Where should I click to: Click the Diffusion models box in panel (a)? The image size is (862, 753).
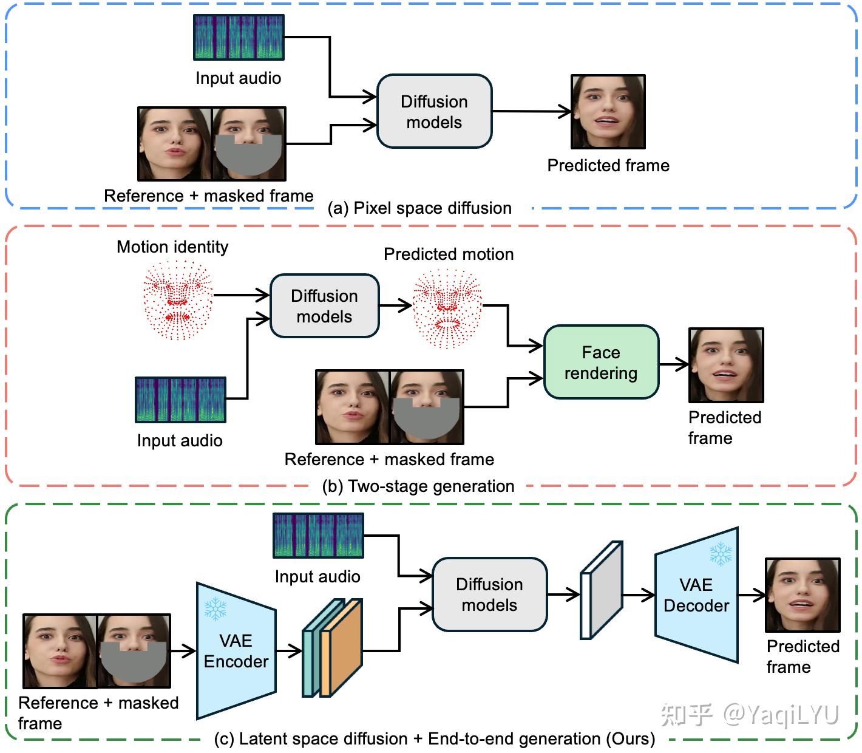[434, 112]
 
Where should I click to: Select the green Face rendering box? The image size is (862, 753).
[601, 363]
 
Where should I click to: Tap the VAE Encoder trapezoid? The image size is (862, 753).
[236, 651]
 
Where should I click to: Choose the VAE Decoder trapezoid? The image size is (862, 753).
[696, 595]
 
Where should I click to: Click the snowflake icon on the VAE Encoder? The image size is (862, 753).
[215, 608]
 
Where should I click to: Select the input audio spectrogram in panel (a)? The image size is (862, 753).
[239, 38]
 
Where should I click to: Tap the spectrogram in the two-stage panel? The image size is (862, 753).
[180, 400]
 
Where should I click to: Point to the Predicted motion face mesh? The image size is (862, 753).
[447, 308]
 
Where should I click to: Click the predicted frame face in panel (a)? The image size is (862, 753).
[608, 112]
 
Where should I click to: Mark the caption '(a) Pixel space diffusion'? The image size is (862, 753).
[419, 208]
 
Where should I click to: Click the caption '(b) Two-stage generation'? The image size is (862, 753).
[418, 486]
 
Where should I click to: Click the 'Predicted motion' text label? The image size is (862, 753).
[449, 254]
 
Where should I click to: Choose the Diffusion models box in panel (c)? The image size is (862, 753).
[489, 595]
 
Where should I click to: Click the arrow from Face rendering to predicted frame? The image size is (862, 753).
[673, 364]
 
